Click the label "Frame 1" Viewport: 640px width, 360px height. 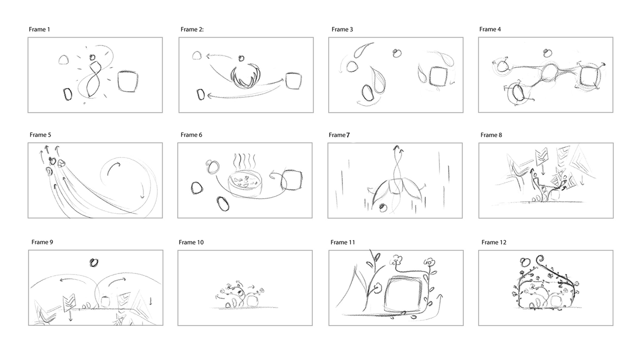pos(39,29)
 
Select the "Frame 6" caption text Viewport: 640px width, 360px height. pos(191,135)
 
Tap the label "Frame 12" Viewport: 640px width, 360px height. pos(494,242)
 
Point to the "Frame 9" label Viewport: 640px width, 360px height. pos(42,242)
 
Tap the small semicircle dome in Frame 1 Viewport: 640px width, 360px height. pos(64,60)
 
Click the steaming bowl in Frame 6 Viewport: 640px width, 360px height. pos(245,184)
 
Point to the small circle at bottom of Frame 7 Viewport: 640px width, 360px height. pos(383,208)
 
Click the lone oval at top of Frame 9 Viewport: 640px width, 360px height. pos(94,263)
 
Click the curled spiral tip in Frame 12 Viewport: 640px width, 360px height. pos(539,259)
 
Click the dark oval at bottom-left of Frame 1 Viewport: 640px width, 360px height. pos(68,94)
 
